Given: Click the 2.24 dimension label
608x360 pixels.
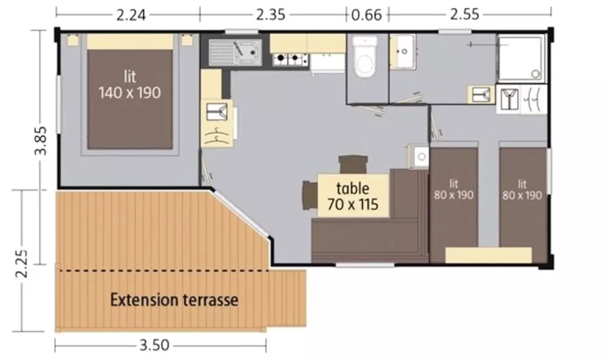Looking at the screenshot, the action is (x=131, y=15).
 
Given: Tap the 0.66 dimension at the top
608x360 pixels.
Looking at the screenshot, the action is (x=367, y=15).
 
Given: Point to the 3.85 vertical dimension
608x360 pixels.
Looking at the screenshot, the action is (x=41, y=140).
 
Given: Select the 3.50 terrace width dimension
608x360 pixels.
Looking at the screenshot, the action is (x=154, y=345).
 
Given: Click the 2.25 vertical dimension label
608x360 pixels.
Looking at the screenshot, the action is (x=21, y=263).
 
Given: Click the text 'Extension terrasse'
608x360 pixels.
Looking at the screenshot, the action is (x=174, y=300).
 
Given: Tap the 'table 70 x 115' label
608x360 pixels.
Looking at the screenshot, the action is (x=353, y=196).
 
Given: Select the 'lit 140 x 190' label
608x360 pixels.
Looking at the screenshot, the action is (x=130, y=85).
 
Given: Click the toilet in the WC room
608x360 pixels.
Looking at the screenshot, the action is (x=365, y=57).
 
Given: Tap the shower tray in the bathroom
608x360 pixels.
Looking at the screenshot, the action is (x=521, y=58).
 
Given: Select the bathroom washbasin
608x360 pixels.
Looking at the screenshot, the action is (x=402, y=51).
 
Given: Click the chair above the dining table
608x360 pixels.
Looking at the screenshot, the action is (x=353, y=164).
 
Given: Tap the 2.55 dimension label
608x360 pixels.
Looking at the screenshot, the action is (x=465, y=15).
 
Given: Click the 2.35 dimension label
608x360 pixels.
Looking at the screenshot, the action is (x=271, y=15).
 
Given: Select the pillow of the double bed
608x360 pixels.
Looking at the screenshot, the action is (x=130, y=41).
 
